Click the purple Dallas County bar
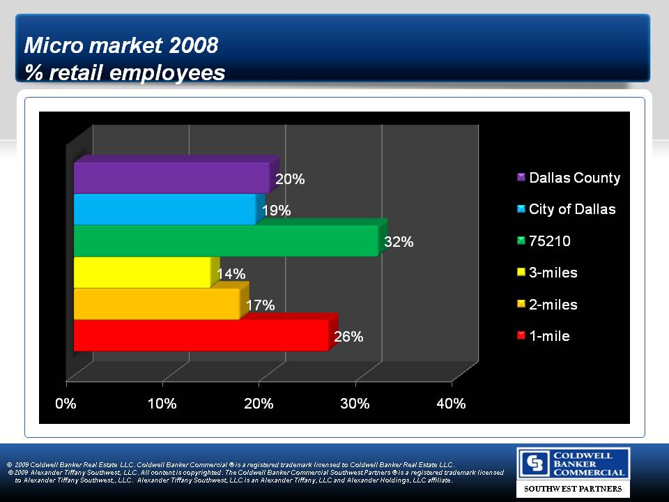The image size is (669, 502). click(171, 177)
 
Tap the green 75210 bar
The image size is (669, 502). click(226, 241)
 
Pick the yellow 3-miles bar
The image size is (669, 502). click(142, 272)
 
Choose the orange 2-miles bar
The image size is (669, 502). click(157, 304)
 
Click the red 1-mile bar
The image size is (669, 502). click(201, 335)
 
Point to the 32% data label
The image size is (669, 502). click(399, 242)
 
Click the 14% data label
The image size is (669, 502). click(231, 274)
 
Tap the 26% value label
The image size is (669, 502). click(348, 337)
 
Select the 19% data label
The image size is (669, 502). click(276, 211)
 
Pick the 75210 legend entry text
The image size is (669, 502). click(550, 241)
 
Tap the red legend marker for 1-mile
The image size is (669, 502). click(521, 336)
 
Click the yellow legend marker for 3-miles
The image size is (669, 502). click(521, 273)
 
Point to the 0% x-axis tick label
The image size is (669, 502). click(66, 404)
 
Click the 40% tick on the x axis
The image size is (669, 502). click(451, 404)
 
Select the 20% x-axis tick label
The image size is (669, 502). click(259, 404)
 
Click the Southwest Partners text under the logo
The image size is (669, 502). click(573, 489)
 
